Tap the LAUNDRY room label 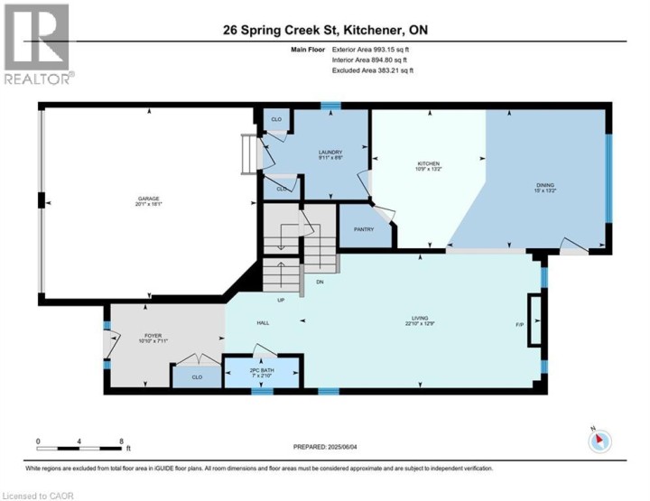pos(329,153)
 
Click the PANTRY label pos(364,229)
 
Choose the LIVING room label pos(420,318)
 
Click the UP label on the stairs pos(282,300)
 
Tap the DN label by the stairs pos(320,283)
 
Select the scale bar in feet pos(81,445)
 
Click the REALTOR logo pos(36,44)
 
